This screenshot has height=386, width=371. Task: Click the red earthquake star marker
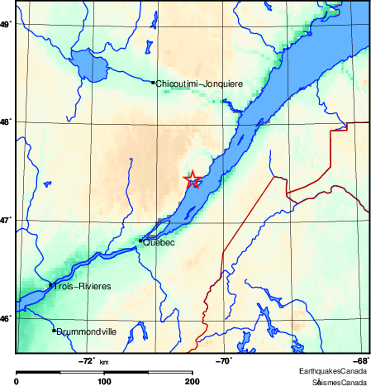coord(192,179)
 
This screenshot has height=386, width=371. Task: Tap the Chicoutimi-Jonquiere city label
coord(198,83)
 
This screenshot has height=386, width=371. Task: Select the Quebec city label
coord(159,243)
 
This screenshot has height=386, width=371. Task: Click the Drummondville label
coord(87,332)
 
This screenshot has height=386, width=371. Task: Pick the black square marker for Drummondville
coord(55,331)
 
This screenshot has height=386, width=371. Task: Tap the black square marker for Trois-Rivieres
coord(51,284)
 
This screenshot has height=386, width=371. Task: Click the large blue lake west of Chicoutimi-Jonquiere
coord(83,62)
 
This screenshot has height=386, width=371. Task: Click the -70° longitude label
coord(224,360)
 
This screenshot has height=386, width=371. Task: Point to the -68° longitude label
coord(361,360)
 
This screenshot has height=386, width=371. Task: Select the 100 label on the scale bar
coord(104,381)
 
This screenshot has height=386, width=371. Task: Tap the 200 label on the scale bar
coord(192,381)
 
